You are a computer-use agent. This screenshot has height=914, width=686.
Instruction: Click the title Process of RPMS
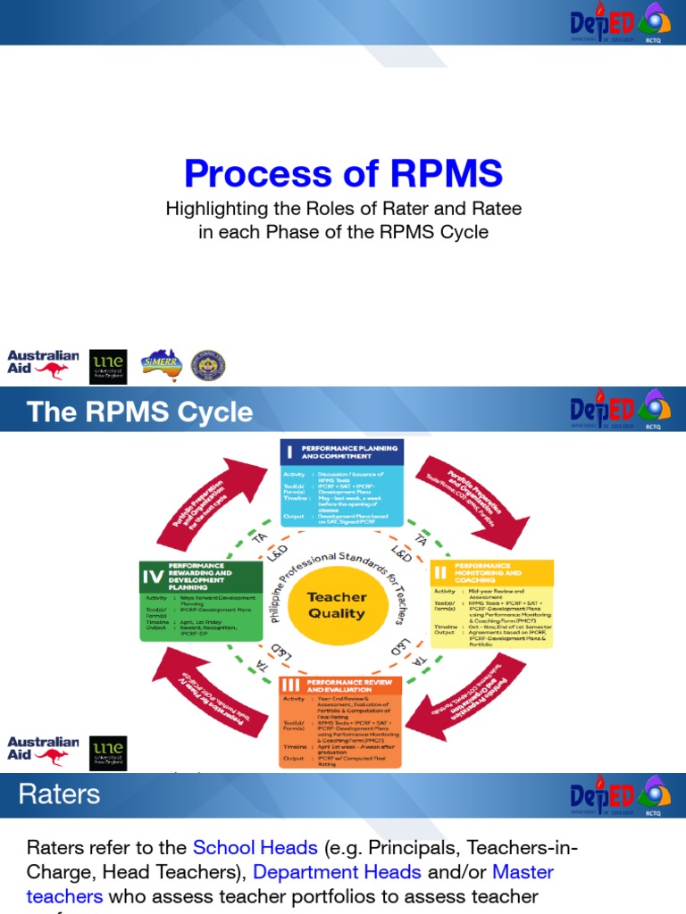[343, 173]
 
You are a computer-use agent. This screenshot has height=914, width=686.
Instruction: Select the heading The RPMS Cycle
[139, 411]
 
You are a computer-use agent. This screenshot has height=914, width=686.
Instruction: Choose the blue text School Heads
[255, 847]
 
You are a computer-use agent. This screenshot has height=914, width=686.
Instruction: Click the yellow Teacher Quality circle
[337, 605]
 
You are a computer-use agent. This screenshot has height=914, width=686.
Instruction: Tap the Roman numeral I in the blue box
[289, 453]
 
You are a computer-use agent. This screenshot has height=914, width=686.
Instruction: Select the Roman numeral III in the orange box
[289, 685]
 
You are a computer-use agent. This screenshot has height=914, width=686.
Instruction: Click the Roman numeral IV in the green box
[154, 577]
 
